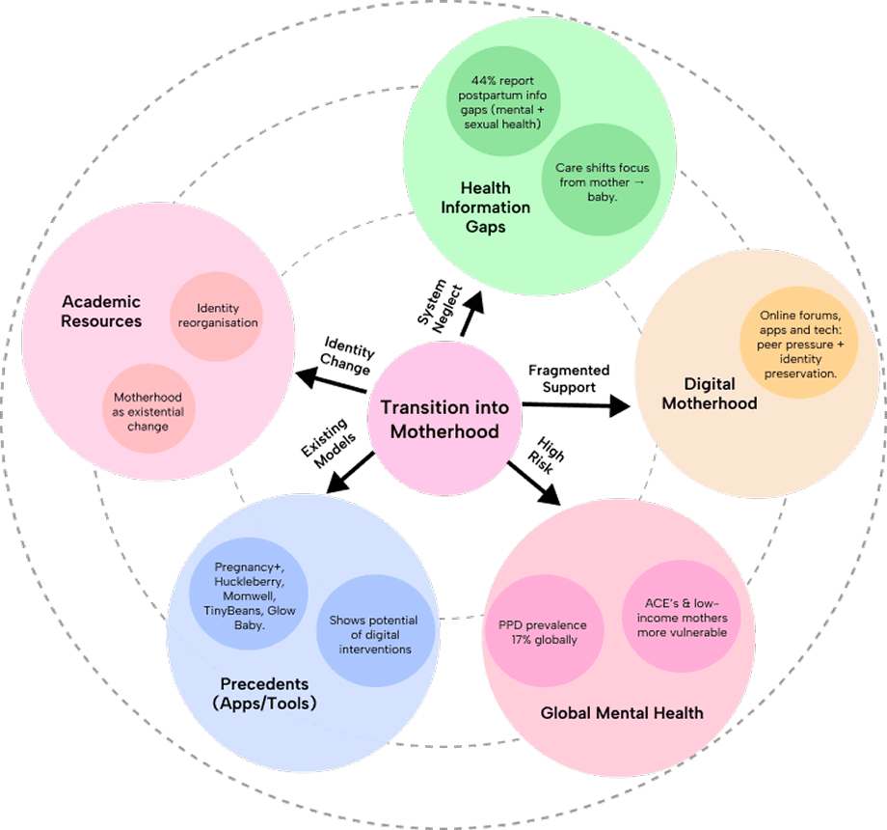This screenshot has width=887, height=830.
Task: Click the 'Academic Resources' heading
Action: pos(101,312)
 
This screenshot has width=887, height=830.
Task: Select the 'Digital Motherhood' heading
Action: pos(709,394)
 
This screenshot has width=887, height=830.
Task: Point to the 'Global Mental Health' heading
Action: pos(622,713)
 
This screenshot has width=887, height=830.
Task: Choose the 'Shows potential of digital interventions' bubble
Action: pos(375,635)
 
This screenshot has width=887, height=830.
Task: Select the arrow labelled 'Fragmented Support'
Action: pos(575,406)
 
